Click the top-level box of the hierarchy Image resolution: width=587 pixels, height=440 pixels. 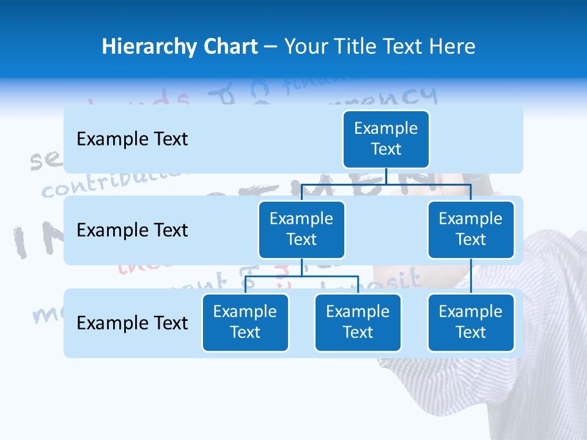pos(386,139)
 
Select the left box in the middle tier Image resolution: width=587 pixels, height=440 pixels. pos(301,229)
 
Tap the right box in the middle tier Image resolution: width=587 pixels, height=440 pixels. pos(471,229)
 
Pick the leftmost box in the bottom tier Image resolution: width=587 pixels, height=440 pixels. pos(245,322)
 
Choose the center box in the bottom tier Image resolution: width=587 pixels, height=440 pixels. pos(358,322)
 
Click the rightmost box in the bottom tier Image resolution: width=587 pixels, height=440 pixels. pos(471,322)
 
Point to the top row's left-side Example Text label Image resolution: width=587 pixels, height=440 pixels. pos(132,139)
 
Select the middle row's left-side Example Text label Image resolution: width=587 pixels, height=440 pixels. pos(132,230)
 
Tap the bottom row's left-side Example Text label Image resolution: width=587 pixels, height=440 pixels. pos(132,323)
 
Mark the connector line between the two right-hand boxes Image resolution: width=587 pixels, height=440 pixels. pos(471,276)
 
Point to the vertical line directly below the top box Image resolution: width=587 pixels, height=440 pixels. pos(386,176)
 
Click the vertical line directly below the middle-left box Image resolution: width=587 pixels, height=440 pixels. pos(301,267)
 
